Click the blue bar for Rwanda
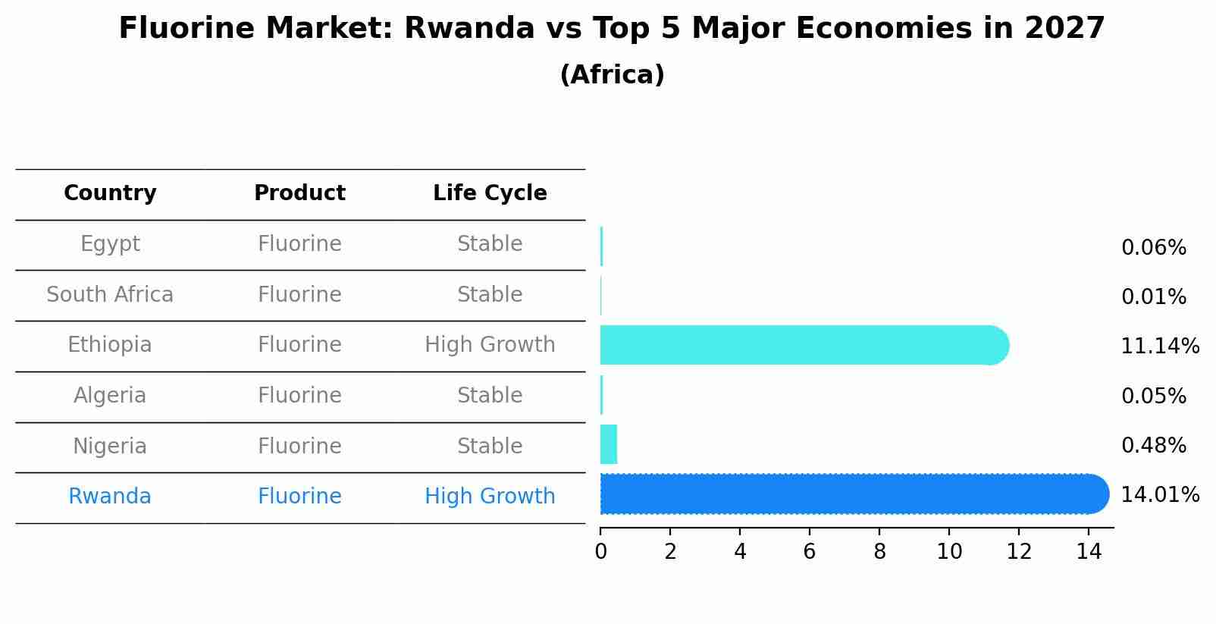(x=853, y=494)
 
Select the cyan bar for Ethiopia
(x=804, y=345)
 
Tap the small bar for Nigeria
(x=609, y=444)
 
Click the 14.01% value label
(x=1160, y=495)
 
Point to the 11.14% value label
(x=1160, y=346)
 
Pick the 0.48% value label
(x=1153, y=446)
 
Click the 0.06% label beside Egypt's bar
(x=1153, y=248)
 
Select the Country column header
(x=110, y=193)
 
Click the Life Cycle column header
(x=490, y=193)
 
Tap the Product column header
(x=299, y=193)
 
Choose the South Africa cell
(x=110, y=295)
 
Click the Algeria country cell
(x=110, y=396)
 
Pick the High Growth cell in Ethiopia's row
(x=490, y=345)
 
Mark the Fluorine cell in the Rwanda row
(x=299, y=497)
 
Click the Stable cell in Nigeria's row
(x=490, y=447)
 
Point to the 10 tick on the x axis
(x=949, y=552)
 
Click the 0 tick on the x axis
(x=600, y=552)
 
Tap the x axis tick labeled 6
(x=810, y=552)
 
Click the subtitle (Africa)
(x=612, y=75)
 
